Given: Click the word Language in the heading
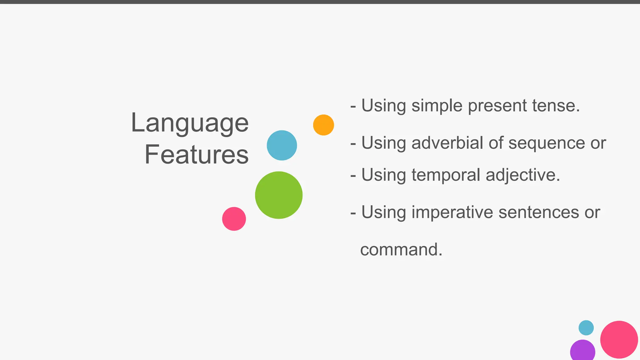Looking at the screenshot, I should [x=190, y=123].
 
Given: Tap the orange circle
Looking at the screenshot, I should [x=323, y=125].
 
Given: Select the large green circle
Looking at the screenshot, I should [x=279, y=195].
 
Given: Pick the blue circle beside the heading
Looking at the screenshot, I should [x=282, y=145].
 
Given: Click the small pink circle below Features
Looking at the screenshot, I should [x=234, y=219].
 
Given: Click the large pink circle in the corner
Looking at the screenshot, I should [x=619, y=339].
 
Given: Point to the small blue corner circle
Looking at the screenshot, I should [x=586, y=328].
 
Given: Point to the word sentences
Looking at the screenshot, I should [x=539, y=212].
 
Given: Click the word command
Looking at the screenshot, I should [x=401, y=250].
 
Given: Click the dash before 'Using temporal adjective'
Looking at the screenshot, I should [x=353, y=176].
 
